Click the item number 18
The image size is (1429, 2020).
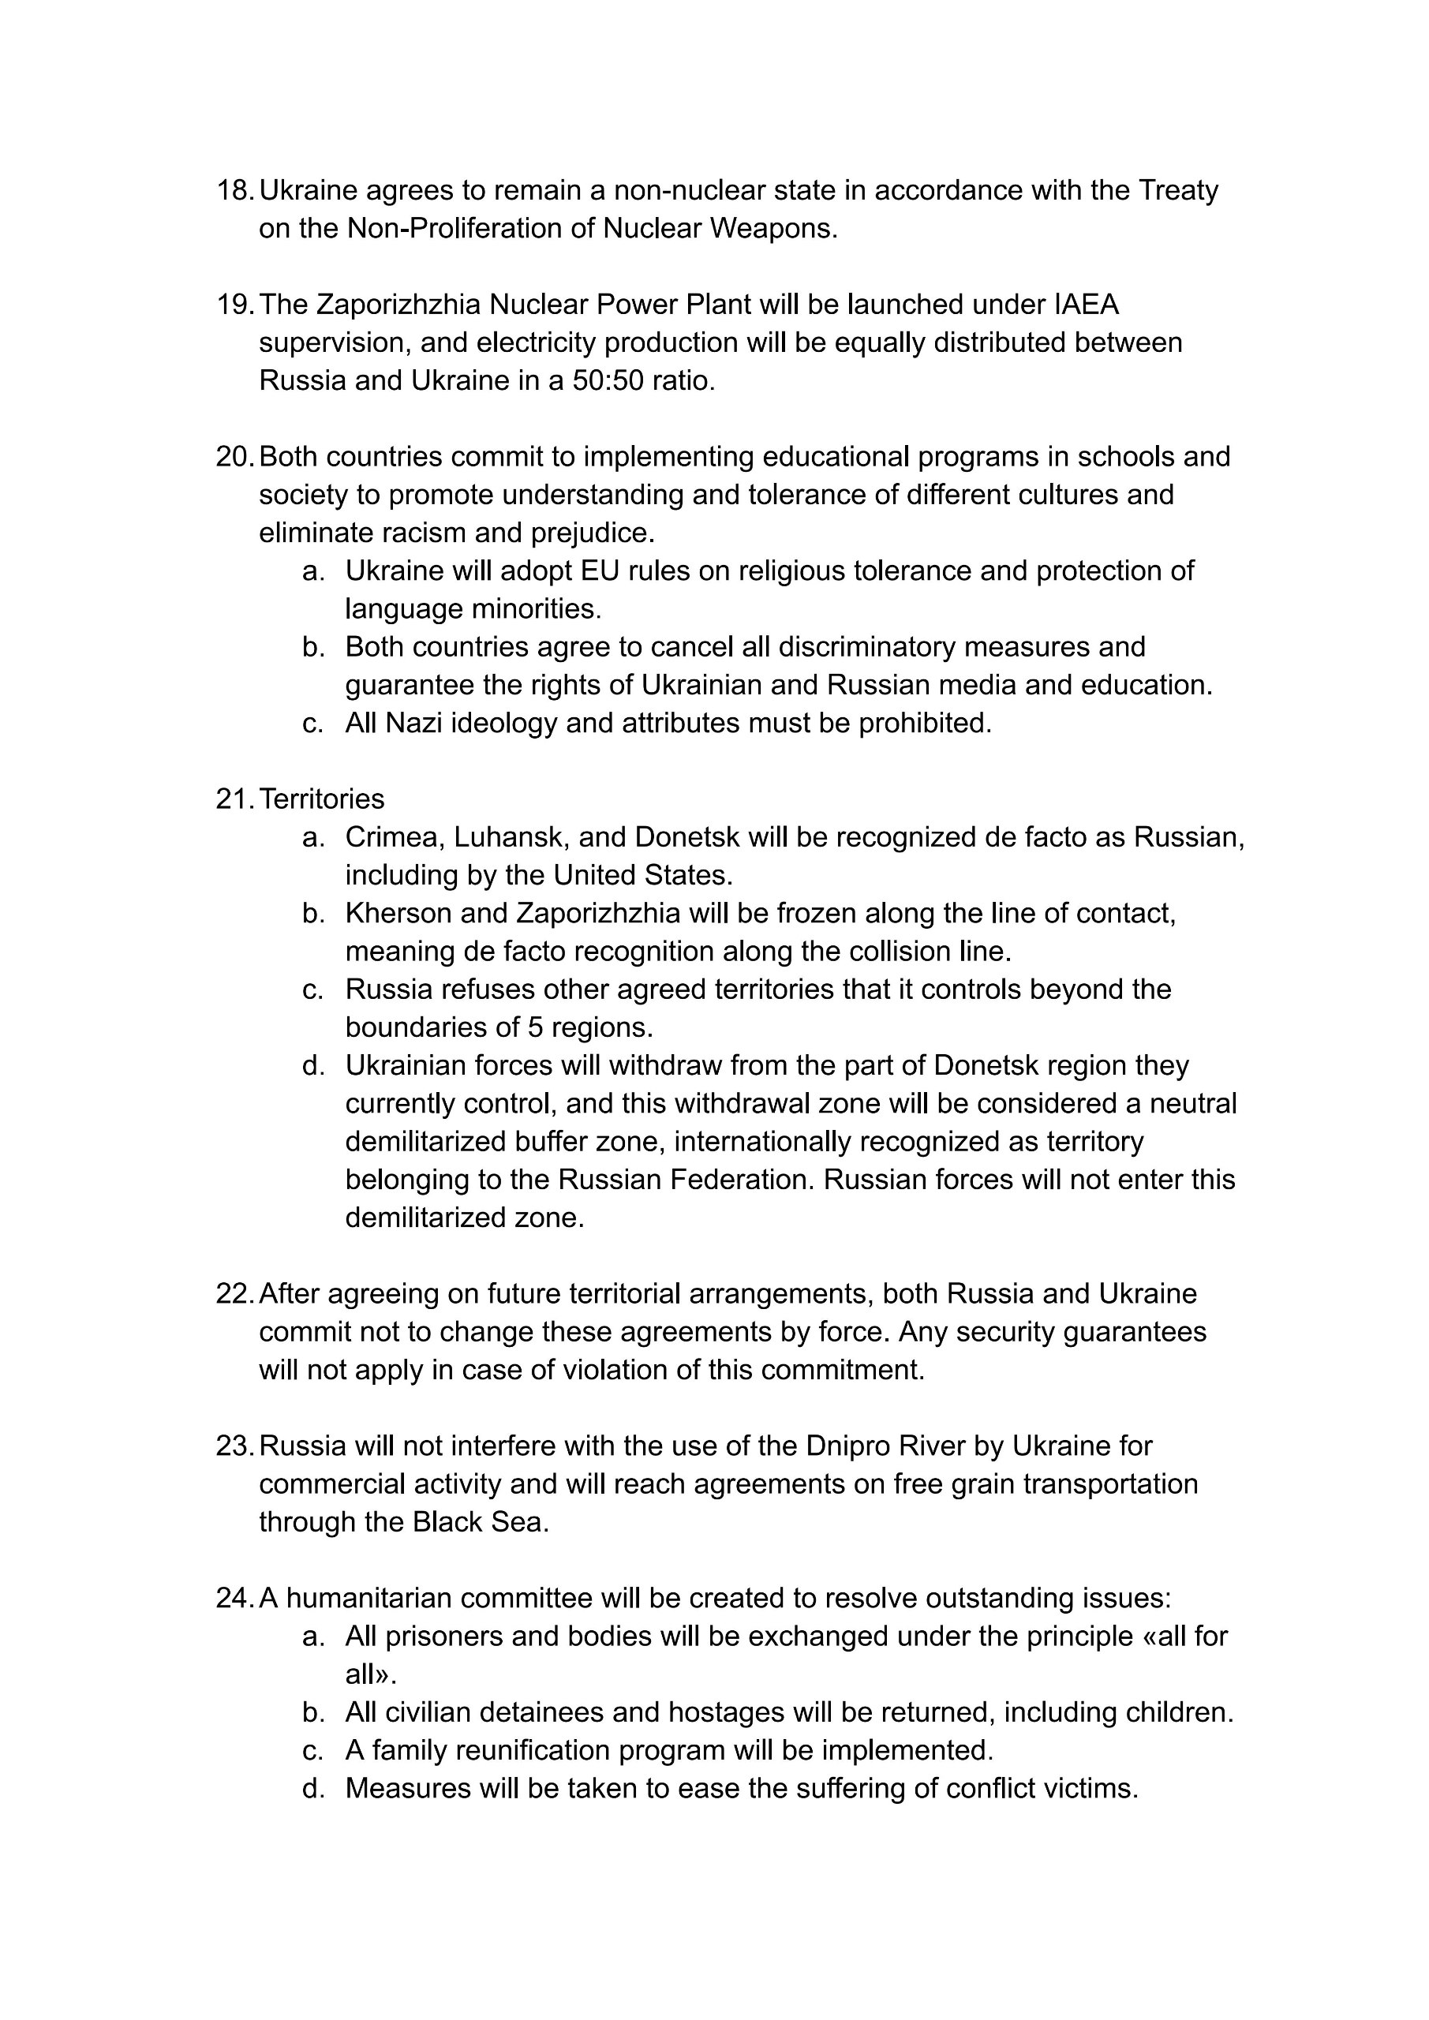coord(234,190)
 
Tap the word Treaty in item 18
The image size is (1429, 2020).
coord(1178,190)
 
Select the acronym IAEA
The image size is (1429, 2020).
coord(1087,305)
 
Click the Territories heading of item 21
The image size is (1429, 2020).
coord(322,799)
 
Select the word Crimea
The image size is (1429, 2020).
coord(393,836)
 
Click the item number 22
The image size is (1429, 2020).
coord(234,1294)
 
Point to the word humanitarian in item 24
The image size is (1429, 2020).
coord(368,1599)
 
